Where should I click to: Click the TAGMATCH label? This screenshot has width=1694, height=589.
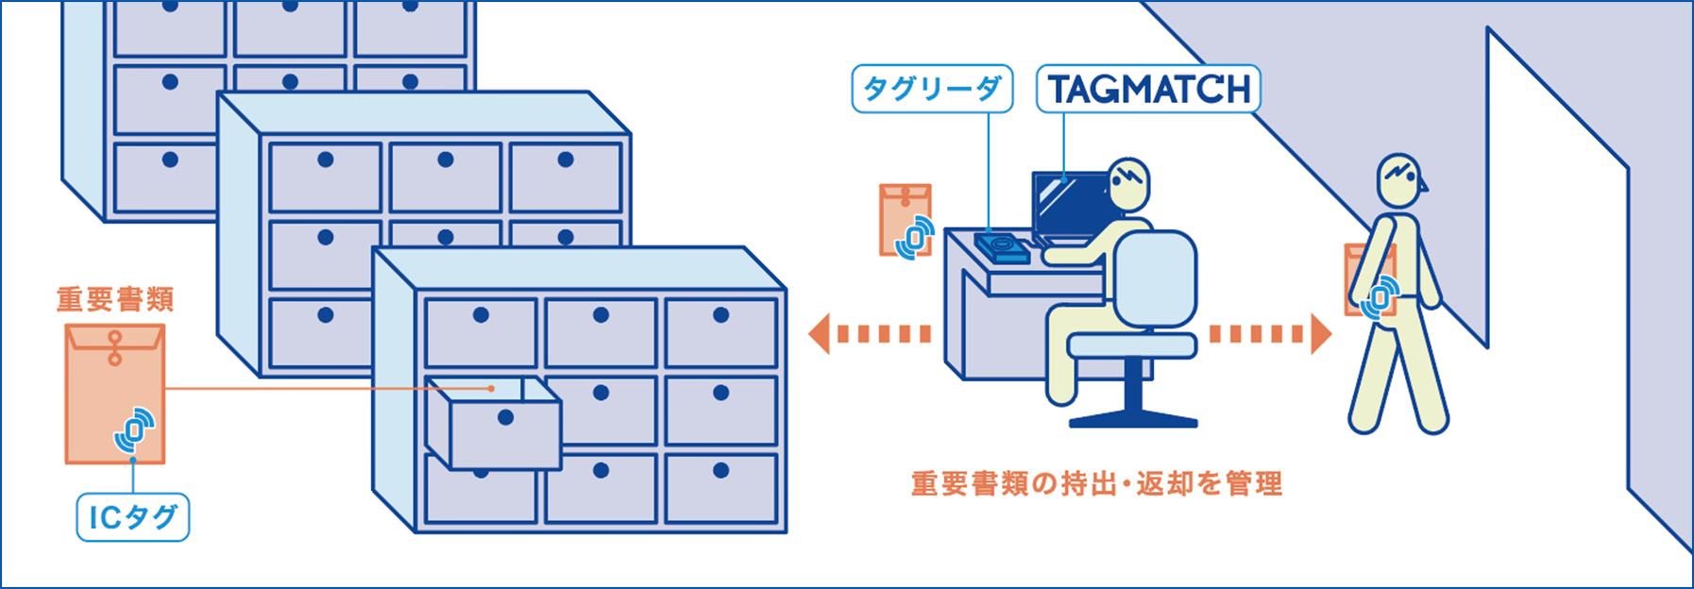tap(1148, 90)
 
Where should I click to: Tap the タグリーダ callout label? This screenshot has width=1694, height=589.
tap(932, 89)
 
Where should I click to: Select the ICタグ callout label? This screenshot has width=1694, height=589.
tap(132, 516)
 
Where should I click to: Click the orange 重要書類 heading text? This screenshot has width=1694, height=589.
tap(115, 299)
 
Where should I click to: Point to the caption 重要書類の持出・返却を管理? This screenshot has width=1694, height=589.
tap(1096, 483)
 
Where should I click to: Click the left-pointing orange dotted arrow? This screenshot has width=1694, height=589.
tap(870, 333)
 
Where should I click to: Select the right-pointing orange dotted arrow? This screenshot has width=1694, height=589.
tap(1271, 333)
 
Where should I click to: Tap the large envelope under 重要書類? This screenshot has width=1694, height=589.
tap(115, 394)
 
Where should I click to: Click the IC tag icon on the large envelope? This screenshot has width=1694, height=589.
tap(135, 430)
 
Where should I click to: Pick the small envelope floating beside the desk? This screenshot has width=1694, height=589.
tap(905, 219)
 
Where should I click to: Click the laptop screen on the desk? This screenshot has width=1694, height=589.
tap(1067, 205)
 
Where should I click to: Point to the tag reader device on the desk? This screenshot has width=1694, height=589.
tap(1001, 247)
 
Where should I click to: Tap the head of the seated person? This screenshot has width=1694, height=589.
tap(1128, 184)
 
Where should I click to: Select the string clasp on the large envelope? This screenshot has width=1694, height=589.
tap(115, 347)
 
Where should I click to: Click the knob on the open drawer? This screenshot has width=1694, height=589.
tap(505, 417)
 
